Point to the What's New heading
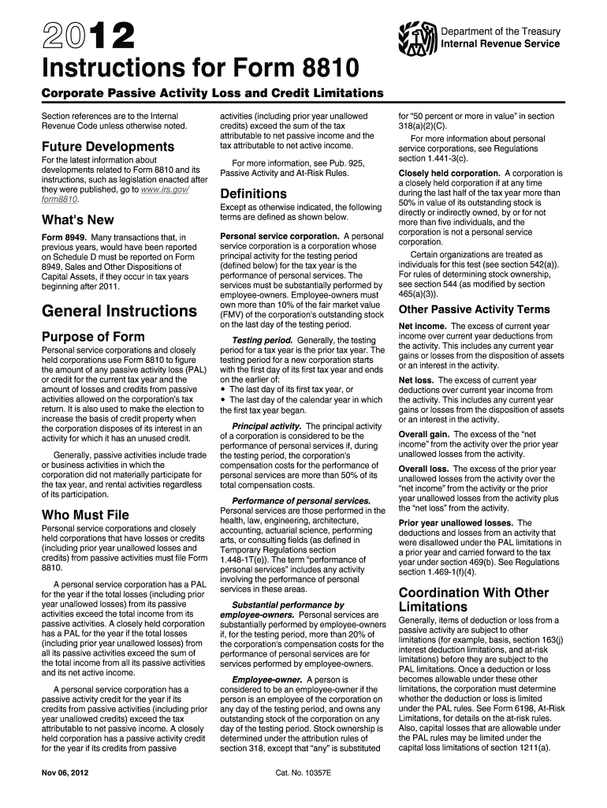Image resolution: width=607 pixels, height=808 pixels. (77, 219)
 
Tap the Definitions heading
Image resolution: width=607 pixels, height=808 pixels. (253, 193)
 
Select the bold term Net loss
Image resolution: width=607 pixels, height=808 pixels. (415, 380)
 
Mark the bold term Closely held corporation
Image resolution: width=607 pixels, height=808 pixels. (449, 173)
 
